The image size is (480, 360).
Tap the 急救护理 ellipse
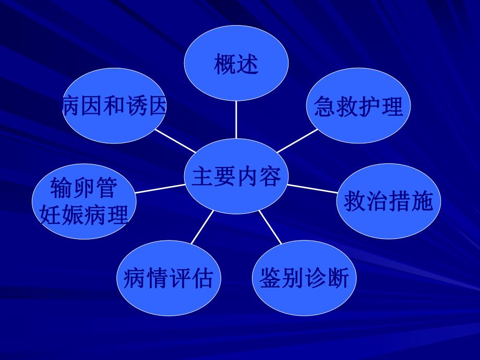click(358, 106)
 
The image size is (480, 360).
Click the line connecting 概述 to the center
click(236, 119)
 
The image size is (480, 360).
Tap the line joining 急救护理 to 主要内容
click(297, 140)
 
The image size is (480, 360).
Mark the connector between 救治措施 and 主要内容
click(313, 189)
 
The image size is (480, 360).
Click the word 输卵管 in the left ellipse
click(83, 188)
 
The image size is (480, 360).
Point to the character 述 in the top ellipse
click(247, 65)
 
